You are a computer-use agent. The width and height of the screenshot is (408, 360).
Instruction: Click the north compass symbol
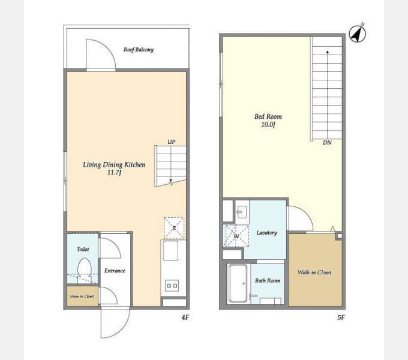coord(358,33)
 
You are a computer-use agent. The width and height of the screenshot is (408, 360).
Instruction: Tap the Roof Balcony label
coord(139,49)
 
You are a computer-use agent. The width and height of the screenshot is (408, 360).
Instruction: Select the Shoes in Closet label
coord(82,296)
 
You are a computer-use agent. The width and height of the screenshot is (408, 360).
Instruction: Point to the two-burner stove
coord(172,286)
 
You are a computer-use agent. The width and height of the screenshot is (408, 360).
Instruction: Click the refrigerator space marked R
coord(174,228)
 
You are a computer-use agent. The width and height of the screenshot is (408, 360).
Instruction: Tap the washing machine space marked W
coord(236,236)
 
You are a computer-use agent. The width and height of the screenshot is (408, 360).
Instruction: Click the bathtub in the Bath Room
coord(238,283)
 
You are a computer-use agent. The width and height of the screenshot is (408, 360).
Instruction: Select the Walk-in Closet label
coord(314,272)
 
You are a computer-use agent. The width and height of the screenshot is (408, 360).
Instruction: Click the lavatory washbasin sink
coord(242,211)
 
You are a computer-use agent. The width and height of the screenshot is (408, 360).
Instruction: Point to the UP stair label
coord(171,142)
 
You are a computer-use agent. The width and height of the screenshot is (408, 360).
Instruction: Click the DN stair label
coord(327,143)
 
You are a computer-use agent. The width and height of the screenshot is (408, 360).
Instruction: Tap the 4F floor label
coord(185,317)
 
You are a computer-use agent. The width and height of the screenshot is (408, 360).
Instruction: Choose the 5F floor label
coord(341,317)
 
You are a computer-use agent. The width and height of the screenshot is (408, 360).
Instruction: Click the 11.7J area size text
coord(114,172)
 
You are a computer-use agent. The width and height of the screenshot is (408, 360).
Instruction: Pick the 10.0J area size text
coord(268,124)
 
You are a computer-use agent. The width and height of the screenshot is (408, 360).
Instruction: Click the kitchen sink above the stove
coord(170,250)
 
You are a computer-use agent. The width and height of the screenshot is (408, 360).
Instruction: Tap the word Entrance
coord(115,271)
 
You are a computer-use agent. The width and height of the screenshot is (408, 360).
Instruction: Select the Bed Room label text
coord(268,116)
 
